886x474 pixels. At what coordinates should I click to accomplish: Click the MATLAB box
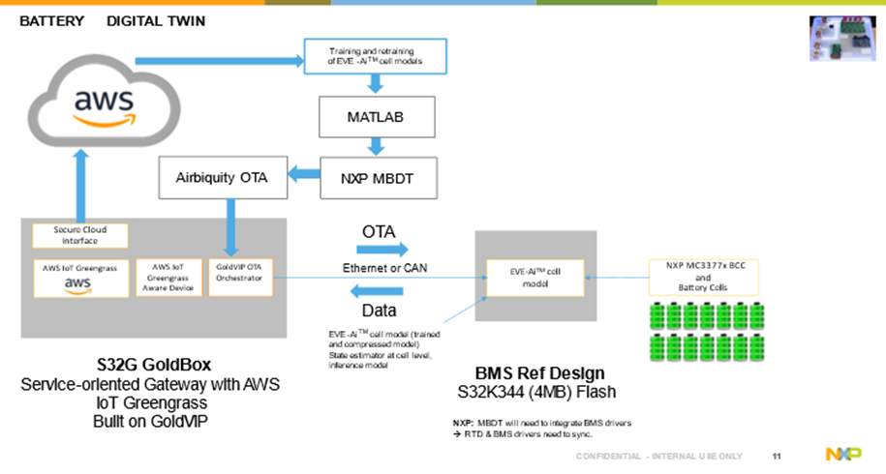pyautogui.click(x=375, y=117)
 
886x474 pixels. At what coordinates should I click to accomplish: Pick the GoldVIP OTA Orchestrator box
pyautogui.click(x=239, y=276)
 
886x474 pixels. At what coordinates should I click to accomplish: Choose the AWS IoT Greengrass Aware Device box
pyautogui.click(x=168, y=276)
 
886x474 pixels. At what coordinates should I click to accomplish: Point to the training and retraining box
pyautogui.click(x=374, y=57)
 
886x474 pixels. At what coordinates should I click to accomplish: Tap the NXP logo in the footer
pyautogui.click(x=839, y=454)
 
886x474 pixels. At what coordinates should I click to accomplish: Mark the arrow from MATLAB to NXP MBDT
pyautogui.click(x=375, y=146)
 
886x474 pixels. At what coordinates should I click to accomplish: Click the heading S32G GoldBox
pyautogui.click(x=150, y=366)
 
